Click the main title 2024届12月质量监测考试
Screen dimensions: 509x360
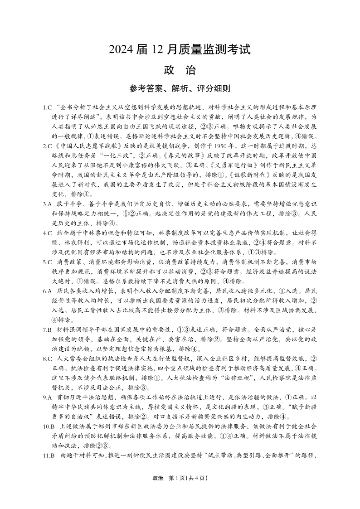(180, 48)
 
